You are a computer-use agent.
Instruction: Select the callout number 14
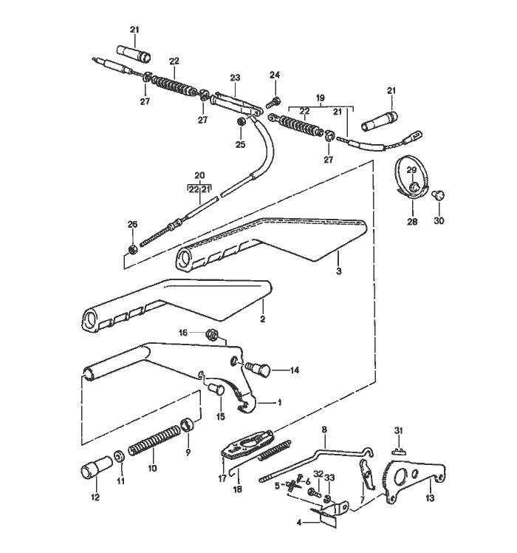point(294,370)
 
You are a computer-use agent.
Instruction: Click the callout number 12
point(95,498)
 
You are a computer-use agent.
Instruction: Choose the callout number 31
point(397,431)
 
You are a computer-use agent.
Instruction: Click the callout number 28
point(411,221)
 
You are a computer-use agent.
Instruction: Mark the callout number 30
point(439,220)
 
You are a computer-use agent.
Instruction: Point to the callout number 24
point(275,75)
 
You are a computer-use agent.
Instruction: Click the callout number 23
point(235,77)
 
